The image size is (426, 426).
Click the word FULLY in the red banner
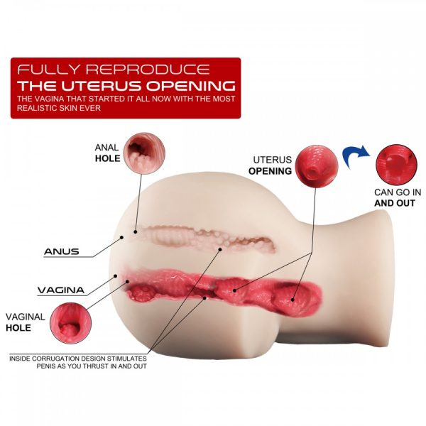click(x=43, y=70)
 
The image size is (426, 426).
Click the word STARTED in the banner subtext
click(x=92, y=99)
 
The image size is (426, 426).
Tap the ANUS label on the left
click(x=60, y=251)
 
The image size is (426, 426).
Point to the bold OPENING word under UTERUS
click(x=270, y=171)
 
